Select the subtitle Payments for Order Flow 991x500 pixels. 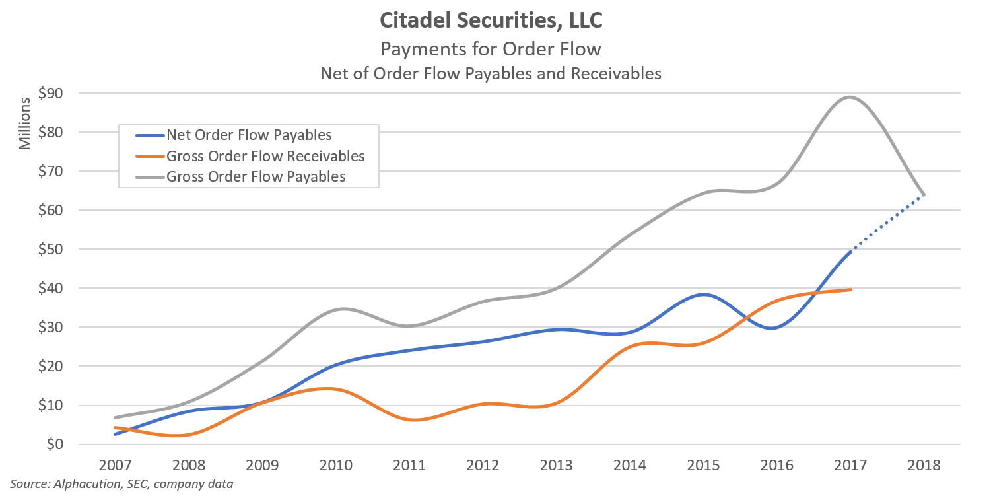tap(491, 49)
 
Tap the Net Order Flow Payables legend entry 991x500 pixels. tap(249, 135)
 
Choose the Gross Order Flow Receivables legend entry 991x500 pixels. tap(265, 156)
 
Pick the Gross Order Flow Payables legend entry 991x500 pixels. tap(256, 176)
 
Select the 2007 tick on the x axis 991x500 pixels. tap(116, 464)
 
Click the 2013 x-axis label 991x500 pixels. tap(556, 464)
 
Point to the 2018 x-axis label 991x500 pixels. tap(923, 464)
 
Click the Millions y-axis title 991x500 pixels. tap(25, 124)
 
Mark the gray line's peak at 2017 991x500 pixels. tap(849, 98)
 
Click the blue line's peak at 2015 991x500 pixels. tap(704, 294)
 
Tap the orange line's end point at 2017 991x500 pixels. tap(850, 289)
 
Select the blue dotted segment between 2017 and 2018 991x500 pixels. tap(887, 223)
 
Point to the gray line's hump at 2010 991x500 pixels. tap(344, 309)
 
